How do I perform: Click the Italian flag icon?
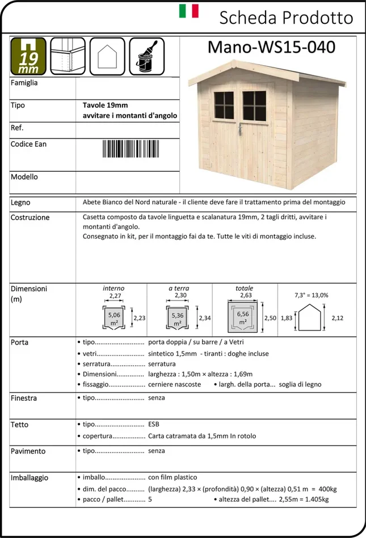point(189,11)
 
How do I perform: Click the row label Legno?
point(20,202)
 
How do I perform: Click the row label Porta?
point(19,342)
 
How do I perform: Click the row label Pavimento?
point(28,451)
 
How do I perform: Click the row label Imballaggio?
point(30,478)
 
